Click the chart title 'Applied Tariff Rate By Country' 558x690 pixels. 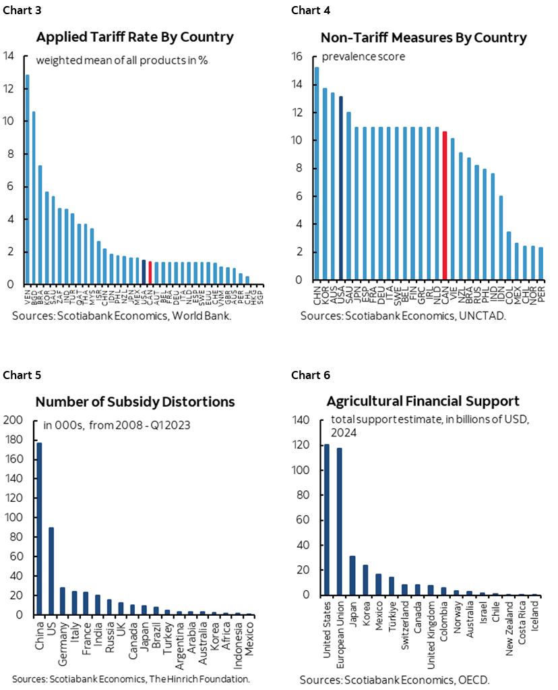click(x=135, y=36)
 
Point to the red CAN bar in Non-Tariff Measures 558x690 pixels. click(x=444, y=206)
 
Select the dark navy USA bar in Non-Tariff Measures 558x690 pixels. click(x=341, y=188)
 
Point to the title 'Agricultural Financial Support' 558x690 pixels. click(x=423, y=401)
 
